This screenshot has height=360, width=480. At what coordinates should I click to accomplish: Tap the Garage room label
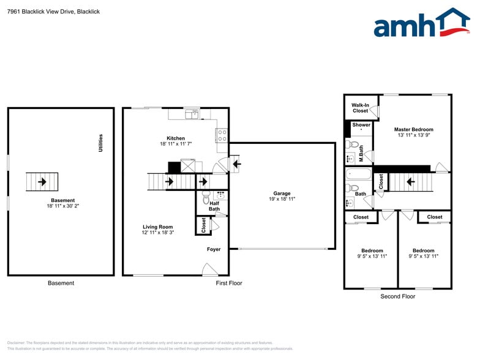(282, 193)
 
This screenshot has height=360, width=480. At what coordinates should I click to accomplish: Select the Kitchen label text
(176, 138)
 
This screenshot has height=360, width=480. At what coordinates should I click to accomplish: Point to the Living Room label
(157, 227)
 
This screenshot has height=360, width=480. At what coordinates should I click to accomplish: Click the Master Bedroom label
(414, 130)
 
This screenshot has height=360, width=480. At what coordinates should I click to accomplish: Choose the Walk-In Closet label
(360, 108)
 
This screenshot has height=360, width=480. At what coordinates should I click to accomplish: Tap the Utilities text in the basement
(101, 143)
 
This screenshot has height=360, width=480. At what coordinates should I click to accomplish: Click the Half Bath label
(214, 206)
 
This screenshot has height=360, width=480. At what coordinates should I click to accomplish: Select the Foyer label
(214, 249)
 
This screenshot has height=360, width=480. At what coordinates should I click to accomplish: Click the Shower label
(361, 125)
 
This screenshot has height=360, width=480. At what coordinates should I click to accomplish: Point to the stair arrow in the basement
(42, 182)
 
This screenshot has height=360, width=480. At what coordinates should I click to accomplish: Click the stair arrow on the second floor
(410, 181)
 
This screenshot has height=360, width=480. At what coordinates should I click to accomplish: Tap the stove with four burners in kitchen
(222, 135)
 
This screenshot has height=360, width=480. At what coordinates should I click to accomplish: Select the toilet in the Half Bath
(206, 200)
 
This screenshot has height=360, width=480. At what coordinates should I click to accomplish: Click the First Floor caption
(229, 283)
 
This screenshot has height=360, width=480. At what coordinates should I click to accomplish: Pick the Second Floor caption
(398, 296)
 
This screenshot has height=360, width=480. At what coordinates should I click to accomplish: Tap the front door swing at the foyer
(209, 269)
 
